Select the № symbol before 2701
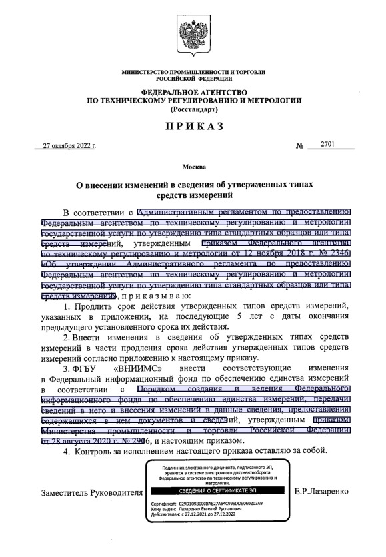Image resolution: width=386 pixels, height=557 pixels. tap(299, 145)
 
